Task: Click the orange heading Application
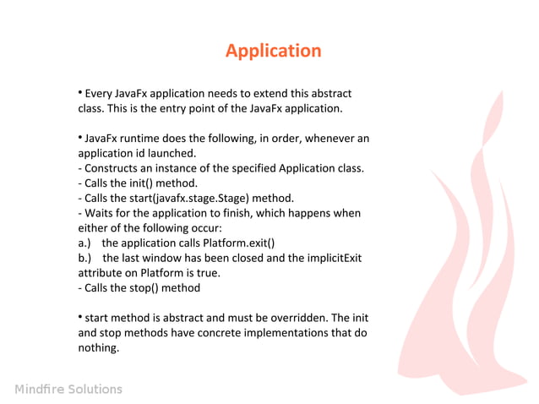pos(273,51)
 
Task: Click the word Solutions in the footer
pos(95,390)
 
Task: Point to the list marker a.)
pos(84,243)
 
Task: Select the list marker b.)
pos(84,258)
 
